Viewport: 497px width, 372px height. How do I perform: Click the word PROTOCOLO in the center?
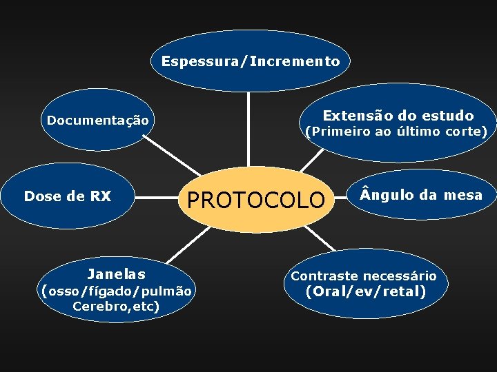pyautogui.click(x=255, y=200)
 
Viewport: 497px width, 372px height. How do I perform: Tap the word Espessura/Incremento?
pyautogui.click(x=251, y=61)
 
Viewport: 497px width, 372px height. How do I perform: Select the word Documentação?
pyautogui.click(x=97, y=121)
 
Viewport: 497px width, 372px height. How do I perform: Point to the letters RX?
pyautogui.click(x=100, y=196)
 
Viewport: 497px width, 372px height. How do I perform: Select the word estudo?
pyautogui.click(x=446, y=115)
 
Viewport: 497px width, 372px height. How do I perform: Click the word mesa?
pyautogui.click(x=463, y=195)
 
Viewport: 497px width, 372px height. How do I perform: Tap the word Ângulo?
pyautogui.click(x=383, y=195)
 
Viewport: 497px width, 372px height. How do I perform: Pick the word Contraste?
pyautogui.click(x=323, y=276)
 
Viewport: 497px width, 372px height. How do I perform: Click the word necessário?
pyautogui.click(x=401, y=276)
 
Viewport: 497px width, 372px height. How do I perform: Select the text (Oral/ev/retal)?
pyautogui.click(x=365, y=291)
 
